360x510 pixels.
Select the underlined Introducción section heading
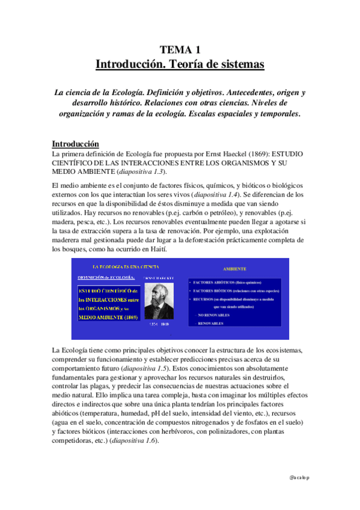[75, 144]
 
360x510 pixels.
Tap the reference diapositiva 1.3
[133, 173]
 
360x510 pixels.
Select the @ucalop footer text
[299, 476]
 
